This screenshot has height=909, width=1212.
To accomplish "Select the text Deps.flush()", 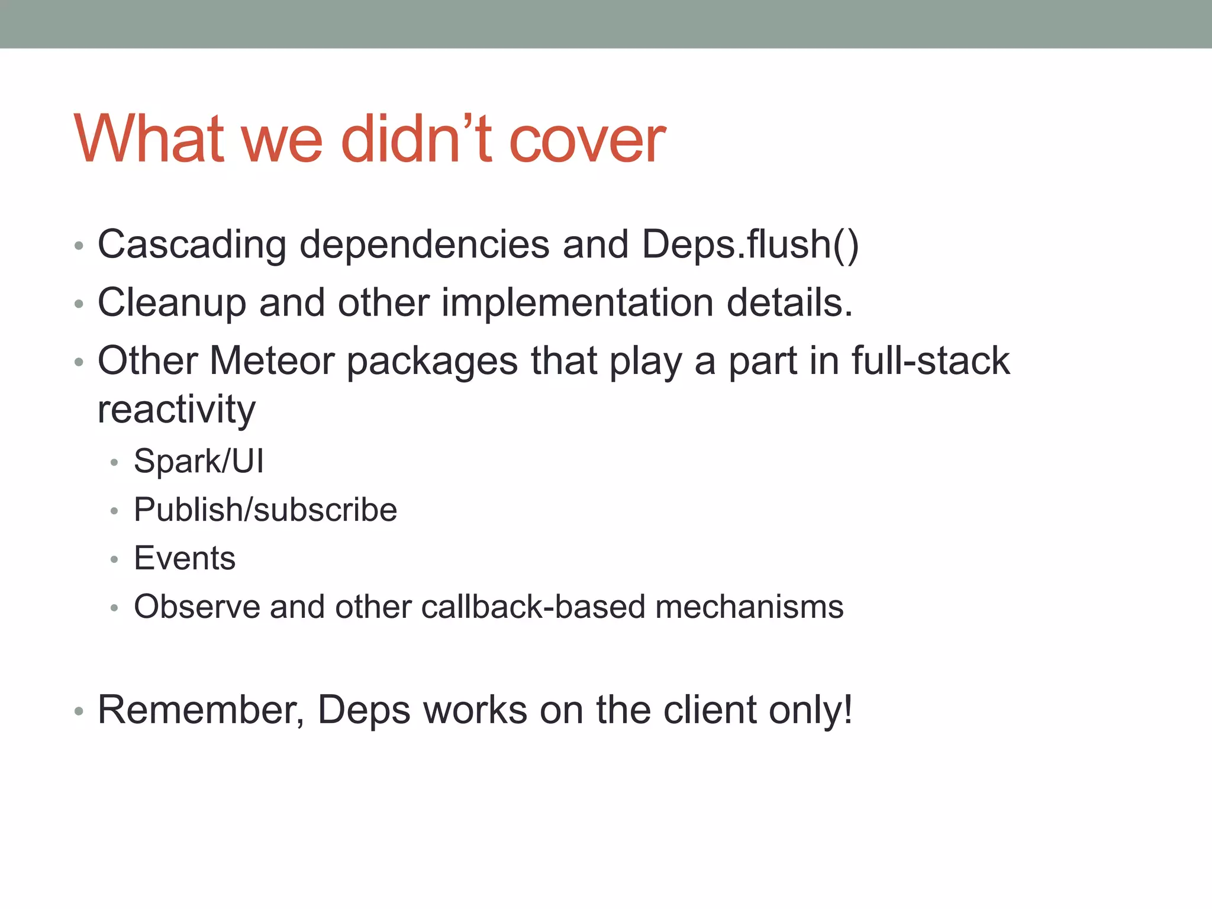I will point(750,244).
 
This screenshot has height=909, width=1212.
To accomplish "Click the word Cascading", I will point(192,244).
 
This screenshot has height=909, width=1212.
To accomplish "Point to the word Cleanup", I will point(171,303).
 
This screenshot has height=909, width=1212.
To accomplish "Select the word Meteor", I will point(272,360).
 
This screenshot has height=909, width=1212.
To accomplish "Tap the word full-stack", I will point(930,360).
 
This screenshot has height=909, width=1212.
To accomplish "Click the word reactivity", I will point(176,410).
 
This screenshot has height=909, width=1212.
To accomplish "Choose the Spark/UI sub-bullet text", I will point(199,461).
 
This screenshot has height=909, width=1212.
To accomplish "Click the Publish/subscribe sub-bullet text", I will point(265,510).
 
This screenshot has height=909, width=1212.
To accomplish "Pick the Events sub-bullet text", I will point(185,558).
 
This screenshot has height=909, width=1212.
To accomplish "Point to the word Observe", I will point(196,607).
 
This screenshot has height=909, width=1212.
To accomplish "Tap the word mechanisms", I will point(749,607).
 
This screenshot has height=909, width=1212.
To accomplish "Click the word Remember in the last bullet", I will point(200,710).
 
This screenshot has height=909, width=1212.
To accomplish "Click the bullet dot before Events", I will point(114,559).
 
